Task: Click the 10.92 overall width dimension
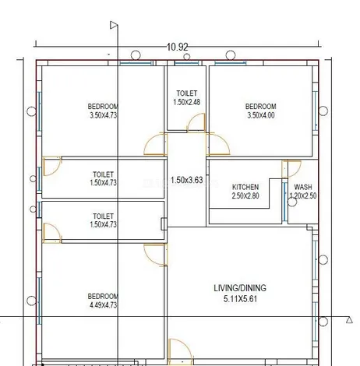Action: click(177, 47)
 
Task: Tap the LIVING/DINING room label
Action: click(240, 288)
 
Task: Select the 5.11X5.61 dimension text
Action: click(240, 299)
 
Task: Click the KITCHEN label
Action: click(245, 187)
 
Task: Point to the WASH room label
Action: click(303, 187)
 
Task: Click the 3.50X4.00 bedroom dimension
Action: click(261, 115)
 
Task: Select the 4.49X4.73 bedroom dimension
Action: click(103, 304)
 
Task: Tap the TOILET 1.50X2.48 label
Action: click(186, 97)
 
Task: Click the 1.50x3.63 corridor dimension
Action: click(186, 180)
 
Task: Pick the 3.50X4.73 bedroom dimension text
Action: click(103, 115)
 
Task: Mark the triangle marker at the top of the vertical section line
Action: click(114, 25)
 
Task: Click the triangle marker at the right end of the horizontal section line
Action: click(349, 320)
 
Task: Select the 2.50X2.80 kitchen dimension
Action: click(245, 195)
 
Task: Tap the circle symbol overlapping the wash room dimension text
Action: click(292, 202)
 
